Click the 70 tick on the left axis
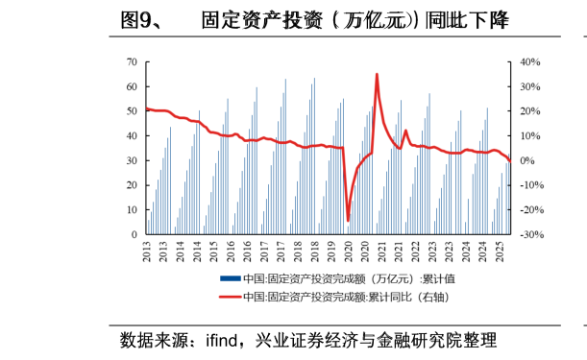[x=131, y=61]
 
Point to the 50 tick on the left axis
[x=131, y=111]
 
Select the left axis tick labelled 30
[x=131, y=160]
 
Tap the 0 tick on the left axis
[x=134, y=234]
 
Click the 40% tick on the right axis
[x=531, y=61]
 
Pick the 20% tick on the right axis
[x=531, y=111]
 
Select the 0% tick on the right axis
[x=529, y=160]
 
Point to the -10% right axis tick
[x=531, y=185]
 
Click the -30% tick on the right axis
[x=531, y=234]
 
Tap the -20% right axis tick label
[x=531, y=210]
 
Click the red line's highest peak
[x=377, y=74]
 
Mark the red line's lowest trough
[x=348, y=221]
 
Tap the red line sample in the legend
[x=230, y=297]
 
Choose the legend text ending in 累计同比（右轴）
[x=346, y=297]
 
